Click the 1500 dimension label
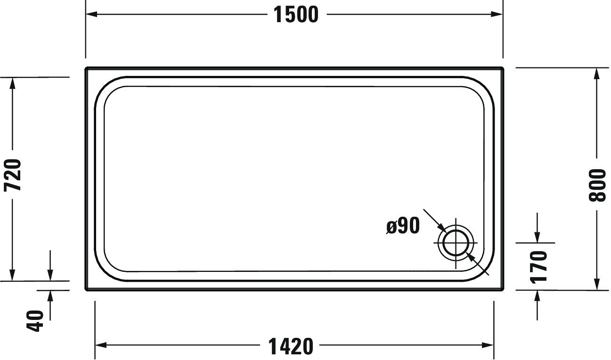[296, 15]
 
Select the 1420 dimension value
[291, 346]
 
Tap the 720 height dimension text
[12, 175]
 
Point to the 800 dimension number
[597, 185]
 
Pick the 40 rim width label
[35, 321]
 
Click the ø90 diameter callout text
[403, 226]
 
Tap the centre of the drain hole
[456, 243]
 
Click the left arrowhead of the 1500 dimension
[91, 14]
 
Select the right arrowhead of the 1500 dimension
[497, 14]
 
